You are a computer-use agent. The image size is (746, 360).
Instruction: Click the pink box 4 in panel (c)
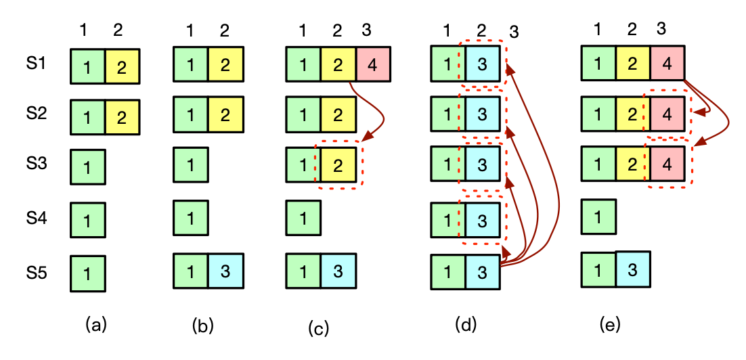[372, 65]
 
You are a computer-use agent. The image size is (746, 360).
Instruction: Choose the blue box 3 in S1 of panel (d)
[483, 66]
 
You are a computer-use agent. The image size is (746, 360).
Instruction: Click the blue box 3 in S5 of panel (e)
[632, 269]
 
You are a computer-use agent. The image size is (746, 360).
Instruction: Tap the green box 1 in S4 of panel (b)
[191, 218]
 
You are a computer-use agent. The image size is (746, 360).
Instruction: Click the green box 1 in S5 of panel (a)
[88, 273]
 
